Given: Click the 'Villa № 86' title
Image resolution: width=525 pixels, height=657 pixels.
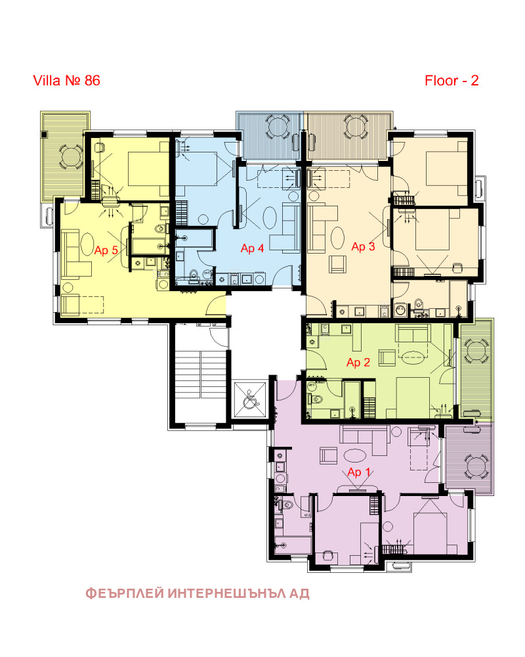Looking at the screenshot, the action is point(66,80).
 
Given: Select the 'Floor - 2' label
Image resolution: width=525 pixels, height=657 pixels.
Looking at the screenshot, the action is point(451,80).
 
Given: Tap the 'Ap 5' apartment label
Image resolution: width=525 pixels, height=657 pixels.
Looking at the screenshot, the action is point(106,250).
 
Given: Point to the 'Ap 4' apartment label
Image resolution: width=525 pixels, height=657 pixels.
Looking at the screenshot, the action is point(252,248).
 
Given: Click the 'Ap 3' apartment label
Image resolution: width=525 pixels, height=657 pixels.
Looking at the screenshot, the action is point(363,246).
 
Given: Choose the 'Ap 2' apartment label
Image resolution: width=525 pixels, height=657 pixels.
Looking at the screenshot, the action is point(358,363).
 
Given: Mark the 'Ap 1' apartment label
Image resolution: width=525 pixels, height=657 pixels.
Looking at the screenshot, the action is point(359,472).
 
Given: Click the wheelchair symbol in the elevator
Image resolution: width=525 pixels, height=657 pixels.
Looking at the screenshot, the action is point(250,399).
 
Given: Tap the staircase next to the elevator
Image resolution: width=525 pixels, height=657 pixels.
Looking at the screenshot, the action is point(201,374).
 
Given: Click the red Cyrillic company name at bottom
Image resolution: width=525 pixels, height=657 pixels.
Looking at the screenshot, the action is point(198,593).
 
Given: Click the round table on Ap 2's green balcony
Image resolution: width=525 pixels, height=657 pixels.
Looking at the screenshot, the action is point(476,351).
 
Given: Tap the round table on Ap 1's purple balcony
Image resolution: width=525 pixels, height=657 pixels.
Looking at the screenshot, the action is point(476,466).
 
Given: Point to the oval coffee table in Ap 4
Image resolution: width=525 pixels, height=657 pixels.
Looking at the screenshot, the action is point(270,217).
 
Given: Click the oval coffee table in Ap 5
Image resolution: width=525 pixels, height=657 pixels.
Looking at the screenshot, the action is point(87,244).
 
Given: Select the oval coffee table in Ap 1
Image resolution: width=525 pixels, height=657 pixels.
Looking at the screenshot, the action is point(354,455).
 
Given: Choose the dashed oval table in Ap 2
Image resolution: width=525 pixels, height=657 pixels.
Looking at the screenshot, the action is point(413,358).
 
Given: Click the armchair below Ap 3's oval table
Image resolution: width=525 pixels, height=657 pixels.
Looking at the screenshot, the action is point(337,264).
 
